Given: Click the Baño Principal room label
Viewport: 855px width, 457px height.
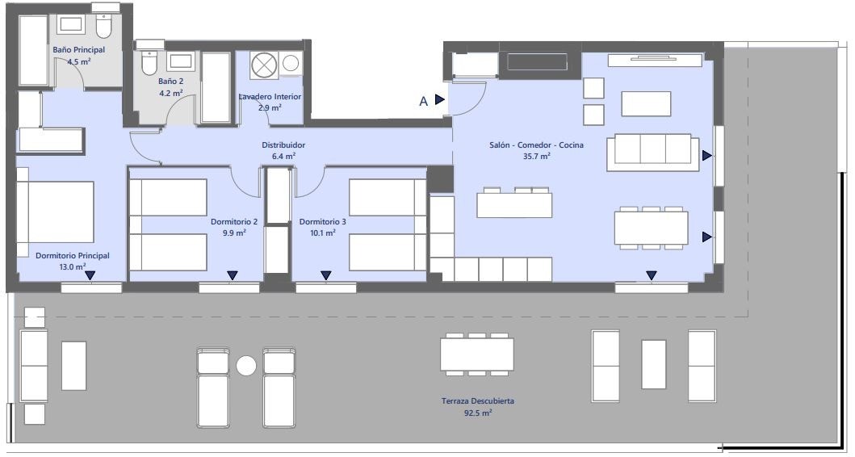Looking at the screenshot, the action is tap(79, 49).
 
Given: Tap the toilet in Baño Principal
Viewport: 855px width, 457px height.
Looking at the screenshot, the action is tap(103, 26).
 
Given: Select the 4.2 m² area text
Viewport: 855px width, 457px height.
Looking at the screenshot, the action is tap(170, 93).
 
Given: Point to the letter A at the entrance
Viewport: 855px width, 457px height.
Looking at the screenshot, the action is tap(424, 102).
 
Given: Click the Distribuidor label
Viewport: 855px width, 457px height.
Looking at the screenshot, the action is tap(283, 145).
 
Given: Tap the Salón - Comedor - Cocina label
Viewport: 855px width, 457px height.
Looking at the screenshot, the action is tap(537, 145).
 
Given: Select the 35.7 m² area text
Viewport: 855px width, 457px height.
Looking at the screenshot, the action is tap(537, 157).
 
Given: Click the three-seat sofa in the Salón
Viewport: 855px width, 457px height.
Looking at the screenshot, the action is tap(652, 152).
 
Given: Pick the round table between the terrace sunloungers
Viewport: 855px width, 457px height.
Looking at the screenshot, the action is tap(246, 366).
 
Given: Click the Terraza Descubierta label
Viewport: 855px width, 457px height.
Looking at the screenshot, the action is tap(478, 401).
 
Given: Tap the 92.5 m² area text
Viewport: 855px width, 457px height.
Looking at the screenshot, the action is tap(478, 413).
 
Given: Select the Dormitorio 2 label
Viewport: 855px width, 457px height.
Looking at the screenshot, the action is tap(234, 222).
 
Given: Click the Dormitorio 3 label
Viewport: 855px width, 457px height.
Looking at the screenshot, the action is tap(323, 222).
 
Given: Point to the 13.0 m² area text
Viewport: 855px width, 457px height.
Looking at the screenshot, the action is tap(73, 267).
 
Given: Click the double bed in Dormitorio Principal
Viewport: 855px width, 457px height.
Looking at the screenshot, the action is tap(55, 212).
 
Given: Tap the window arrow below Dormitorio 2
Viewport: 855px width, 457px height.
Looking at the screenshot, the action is tap(233, 275).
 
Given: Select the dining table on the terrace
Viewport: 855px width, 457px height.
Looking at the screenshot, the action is tap(477, 354).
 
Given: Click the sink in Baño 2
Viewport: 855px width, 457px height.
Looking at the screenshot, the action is tap(180, 61).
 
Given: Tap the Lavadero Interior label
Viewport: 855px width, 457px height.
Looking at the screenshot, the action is tap(270, 97).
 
